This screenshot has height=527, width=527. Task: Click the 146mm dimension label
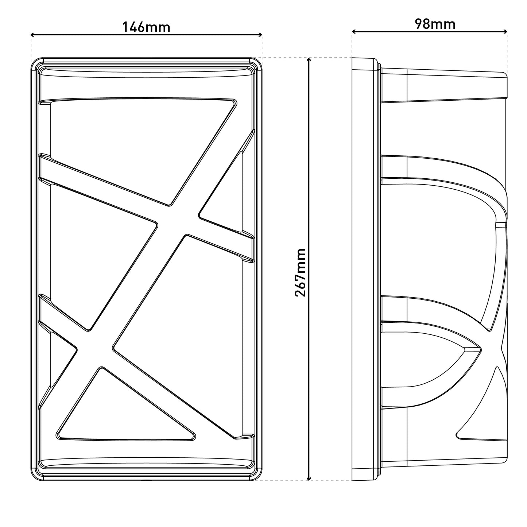(146, 27)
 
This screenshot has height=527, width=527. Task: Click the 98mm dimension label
(435, 24)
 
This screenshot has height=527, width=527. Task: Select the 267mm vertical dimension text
(300, 273)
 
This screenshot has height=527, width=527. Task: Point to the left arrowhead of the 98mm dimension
(354, 32)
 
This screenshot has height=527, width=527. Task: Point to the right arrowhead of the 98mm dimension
(505, 32)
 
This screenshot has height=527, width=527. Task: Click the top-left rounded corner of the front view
(35, 62)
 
